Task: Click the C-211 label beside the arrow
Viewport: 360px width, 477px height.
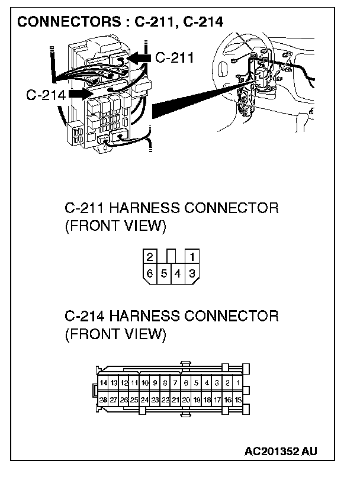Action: click(x=175, y=58)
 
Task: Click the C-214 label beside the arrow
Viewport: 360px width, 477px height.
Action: click(x=46, y=95)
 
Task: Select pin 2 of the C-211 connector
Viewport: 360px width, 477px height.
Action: click(x=150, y=256)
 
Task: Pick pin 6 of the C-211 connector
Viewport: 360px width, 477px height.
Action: click(x=150, y=273)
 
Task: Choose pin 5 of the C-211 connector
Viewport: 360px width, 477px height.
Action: click(x=164, y=273)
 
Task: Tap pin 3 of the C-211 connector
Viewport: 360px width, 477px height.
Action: click(x=191, y=273)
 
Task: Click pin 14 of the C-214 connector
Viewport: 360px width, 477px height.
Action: click(x=104, y=383)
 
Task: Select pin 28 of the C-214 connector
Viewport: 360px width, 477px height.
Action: click(x=104, y=399)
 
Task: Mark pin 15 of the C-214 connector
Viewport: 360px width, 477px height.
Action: click(x=238, y=399)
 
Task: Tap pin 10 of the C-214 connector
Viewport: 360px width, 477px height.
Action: click(x=144, y=383)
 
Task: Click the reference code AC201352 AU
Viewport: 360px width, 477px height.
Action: click(x=281, y=452)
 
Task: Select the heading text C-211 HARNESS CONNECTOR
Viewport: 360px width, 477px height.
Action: click(x=171, y=208)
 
